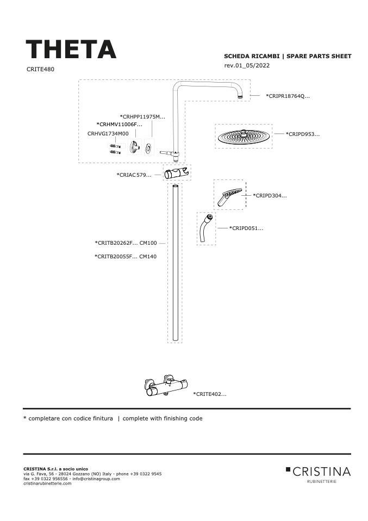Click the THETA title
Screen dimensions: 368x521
(71, 49)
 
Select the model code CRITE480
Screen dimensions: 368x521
(40, 69)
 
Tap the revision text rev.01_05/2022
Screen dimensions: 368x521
(247, 65)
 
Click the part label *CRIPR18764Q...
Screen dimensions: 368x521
(288, 96)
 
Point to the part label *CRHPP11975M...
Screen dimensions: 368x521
(142, 116)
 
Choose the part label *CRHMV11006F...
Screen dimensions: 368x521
(119, 125)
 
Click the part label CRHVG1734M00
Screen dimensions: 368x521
(108, 134)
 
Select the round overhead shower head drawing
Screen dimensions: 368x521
(244, 136)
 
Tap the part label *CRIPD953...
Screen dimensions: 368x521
(303, 134)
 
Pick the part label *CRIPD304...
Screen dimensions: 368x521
(270, 195)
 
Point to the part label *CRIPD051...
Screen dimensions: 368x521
(246, 228)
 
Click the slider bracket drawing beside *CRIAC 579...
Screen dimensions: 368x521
(177, 173)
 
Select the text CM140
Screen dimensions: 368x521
(148, 257)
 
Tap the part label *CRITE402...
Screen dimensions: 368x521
(210, 394)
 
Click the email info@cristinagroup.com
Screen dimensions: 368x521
(96, 479)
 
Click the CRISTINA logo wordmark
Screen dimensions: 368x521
(321, 472)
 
